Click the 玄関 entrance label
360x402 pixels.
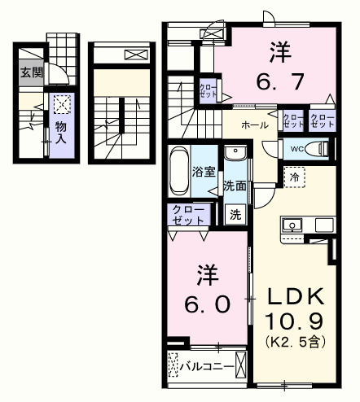click(32, 73)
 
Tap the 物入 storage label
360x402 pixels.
click(61, 133)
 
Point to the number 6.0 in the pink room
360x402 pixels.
click(207, 290)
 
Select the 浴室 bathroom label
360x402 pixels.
click(203, 172)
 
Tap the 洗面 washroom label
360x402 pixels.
click(235, 185)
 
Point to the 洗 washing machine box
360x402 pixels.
click(235, 216)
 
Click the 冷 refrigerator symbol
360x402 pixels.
click(293, 177)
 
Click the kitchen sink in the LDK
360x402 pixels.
click(292, 225)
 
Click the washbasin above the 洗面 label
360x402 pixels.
click(235, 155)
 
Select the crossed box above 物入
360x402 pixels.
click(61, 103)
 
